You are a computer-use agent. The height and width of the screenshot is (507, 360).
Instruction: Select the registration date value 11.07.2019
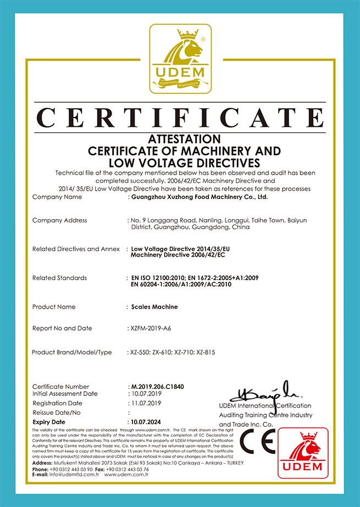[145, 403]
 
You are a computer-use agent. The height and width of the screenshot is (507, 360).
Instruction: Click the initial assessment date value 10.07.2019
[145, 394]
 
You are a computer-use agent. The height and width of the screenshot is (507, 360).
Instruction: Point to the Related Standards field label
[59, 278]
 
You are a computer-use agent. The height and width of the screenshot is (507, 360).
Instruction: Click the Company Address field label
[60, 220]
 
